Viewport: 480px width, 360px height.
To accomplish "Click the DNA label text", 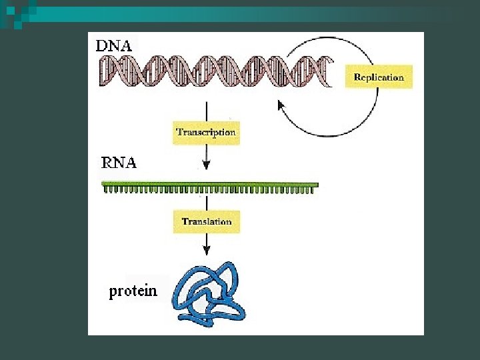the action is tap(114, 46).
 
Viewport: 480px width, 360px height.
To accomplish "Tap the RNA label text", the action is tap(119, 162).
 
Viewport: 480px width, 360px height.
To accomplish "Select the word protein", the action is tap(133, 291).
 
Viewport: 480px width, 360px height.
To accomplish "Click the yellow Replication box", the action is tap(379, 77).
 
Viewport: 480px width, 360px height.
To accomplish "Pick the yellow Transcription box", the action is tap(206, 132).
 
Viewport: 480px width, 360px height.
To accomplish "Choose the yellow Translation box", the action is tap(207, 221).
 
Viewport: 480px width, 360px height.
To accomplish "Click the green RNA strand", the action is tap(210, 185).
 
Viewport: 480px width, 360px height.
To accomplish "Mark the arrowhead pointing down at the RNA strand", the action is tap(207, 165).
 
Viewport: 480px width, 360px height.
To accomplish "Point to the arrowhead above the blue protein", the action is tap(207, 250).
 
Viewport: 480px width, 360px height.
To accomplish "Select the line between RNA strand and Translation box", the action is tap(207, 201).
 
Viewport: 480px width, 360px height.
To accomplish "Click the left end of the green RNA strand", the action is tap(103, 185).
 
